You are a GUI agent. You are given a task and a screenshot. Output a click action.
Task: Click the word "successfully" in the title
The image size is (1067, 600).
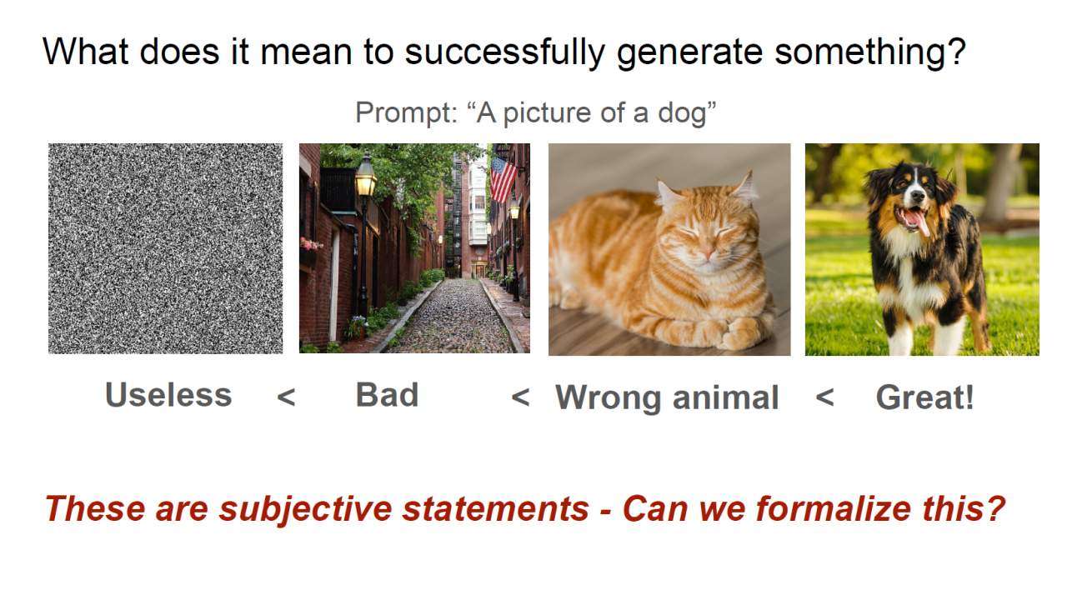[x=505, y=52]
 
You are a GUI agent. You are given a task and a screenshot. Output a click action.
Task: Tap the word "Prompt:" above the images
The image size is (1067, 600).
[x=406, y=113]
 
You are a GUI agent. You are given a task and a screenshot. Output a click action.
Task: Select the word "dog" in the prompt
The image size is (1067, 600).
[x=682, y=113]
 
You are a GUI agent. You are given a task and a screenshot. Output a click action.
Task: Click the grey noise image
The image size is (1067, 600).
[x=165, y=248]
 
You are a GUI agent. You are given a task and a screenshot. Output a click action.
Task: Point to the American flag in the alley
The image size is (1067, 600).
[x=503, y=179]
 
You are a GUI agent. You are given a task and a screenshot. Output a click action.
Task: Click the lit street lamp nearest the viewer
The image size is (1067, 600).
[x=365, y=175]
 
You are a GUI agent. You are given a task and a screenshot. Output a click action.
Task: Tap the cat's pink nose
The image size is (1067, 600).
[x=707, y=253]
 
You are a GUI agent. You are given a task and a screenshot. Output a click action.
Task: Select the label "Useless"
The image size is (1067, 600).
[x=168, y=395]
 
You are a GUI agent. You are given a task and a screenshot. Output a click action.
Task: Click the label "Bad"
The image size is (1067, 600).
[x=388, y=395]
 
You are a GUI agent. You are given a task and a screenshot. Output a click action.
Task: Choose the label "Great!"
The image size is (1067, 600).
[x=925, y=397]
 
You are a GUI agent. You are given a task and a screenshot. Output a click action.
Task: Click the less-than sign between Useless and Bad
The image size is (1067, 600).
[x=286, y=397]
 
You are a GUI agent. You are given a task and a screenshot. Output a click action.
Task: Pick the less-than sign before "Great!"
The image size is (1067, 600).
[x=825, y=397]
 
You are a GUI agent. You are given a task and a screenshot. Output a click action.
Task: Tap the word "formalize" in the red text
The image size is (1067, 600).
[x=833, y=508]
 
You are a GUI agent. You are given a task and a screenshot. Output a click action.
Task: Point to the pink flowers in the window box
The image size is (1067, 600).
[x=311, y=245]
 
